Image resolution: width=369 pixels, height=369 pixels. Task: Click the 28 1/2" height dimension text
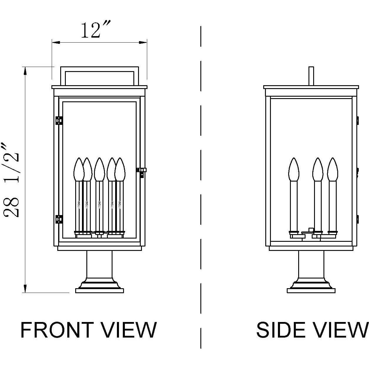(x=12, y=180)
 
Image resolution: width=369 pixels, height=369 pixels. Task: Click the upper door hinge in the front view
(x=59, y=120)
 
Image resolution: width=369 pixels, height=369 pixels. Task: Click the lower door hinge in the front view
(x=59, y=219)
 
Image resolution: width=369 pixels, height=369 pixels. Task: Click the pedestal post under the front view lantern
(x=99, y=264)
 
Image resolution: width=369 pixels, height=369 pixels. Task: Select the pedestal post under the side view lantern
(x=311, y=264)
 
